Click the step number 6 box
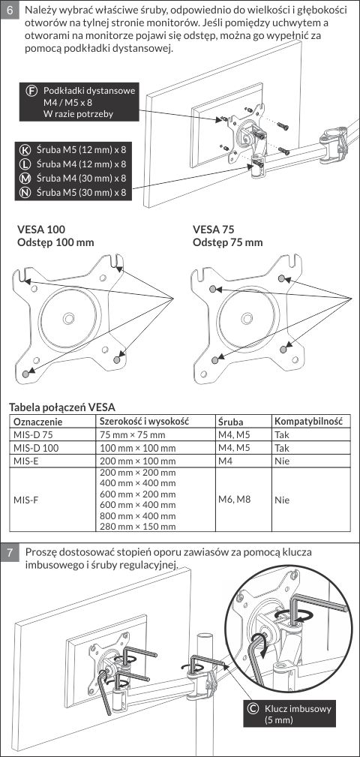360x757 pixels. point(10,11)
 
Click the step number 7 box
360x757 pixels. point(10,552)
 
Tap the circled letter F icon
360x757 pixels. point(32,91)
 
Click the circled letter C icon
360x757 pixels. point(252,709)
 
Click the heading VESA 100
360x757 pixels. point(41,229)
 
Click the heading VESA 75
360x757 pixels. point(214,229)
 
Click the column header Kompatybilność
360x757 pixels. point(308,421)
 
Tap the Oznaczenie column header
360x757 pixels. point(38,422)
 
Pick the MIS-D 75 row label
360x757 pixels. point(32,434)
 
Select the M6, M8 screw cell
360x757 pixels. point(234,499)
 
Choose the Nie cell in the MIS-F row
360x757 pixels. point(282,500)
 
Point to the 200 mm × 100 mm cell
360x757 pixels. point(137,461)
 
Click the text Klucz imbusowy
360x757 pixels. point(298,709)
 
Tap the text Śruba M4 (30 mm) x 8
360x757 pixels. point(81,178)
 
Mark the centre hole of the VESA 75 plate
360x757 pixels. point(247,317)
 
